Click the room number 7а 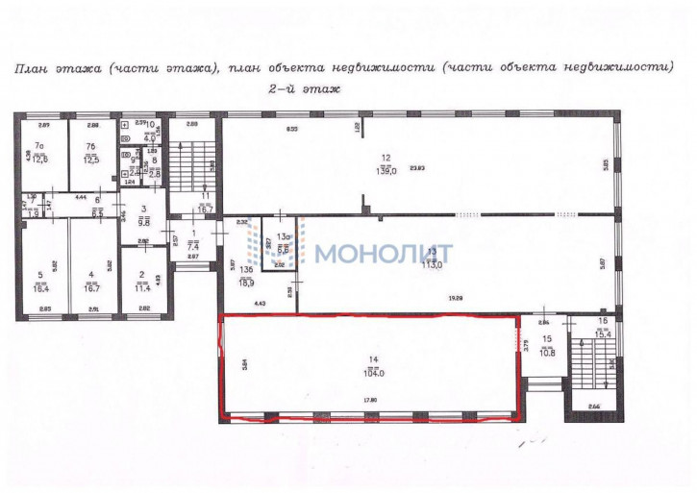[x=40, y=147]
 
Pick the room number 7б [x=90, y=147]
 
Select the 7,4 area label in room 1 [x=192, y=246]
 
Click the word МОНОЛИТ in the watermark [x=384, y=254]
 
